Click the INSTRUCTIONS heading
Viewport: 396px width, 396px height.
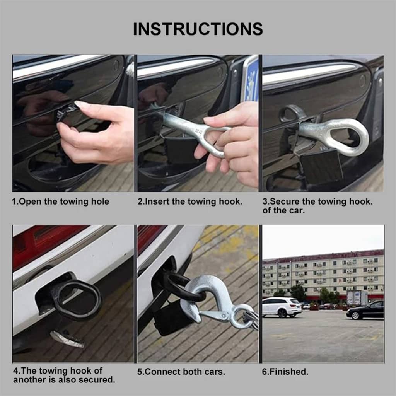pos(198,29)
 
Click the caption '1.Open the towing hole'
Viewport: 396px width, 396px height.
pos(60,201)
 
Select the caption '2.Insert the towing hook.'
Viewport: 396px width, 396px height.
pos(190,201)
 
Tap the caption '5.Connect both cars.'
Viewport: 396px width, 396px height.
pos(181,372)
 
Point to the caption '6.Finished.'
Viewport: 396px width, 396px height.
pos(285,372)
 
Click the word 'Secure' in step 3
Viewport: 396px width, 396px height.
pos(284,201)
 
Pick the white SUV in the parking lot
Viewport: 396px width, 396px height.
pos(282,307)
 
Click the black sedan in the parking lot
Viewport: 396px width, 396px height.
pos(365,310)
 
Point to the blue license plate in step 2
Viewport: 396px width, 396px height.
pos(250,80)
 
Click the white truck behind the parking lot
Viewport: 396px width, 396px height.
pos(357,298)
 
